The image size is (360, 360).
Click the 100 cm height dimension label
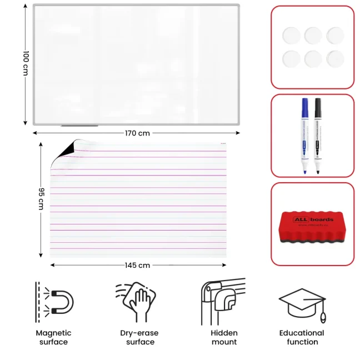pyautogui.click(x=26, y=63)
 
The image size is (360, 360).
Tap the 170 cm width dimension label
pyautogui.click(x=137, y=133)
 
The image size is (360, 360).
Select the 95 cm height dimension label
pyautogui.click(x=41, y=198)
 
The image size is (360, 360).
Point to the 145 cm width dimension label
pyautogui.click(x=137, y=266)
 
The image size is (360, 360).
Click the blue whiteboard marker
pyautogui.click(x=305, y=136)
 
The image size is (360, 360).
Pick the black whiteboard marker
pyautogui.click(x=318, y=136)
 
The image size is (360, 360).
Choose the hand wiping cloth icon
pyautogui.click(x=136, y=301)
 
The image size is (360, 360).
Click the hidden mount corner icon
pyautogui.click(x=221, y=300)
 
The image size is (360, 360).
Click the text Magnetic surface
pyautogui.click(x=54, y=337)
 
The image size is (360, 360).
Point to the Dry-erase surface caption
pyautogui.click(x=139, y=337)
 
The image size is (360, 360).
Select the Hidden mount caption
pyautogui.click(x=224, y=337)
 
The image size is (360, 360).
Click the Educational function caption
pyautogui.click(x=302, y=337)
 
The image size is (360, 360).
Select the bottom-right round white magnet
pyautogui.click(x=334, y=58)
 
